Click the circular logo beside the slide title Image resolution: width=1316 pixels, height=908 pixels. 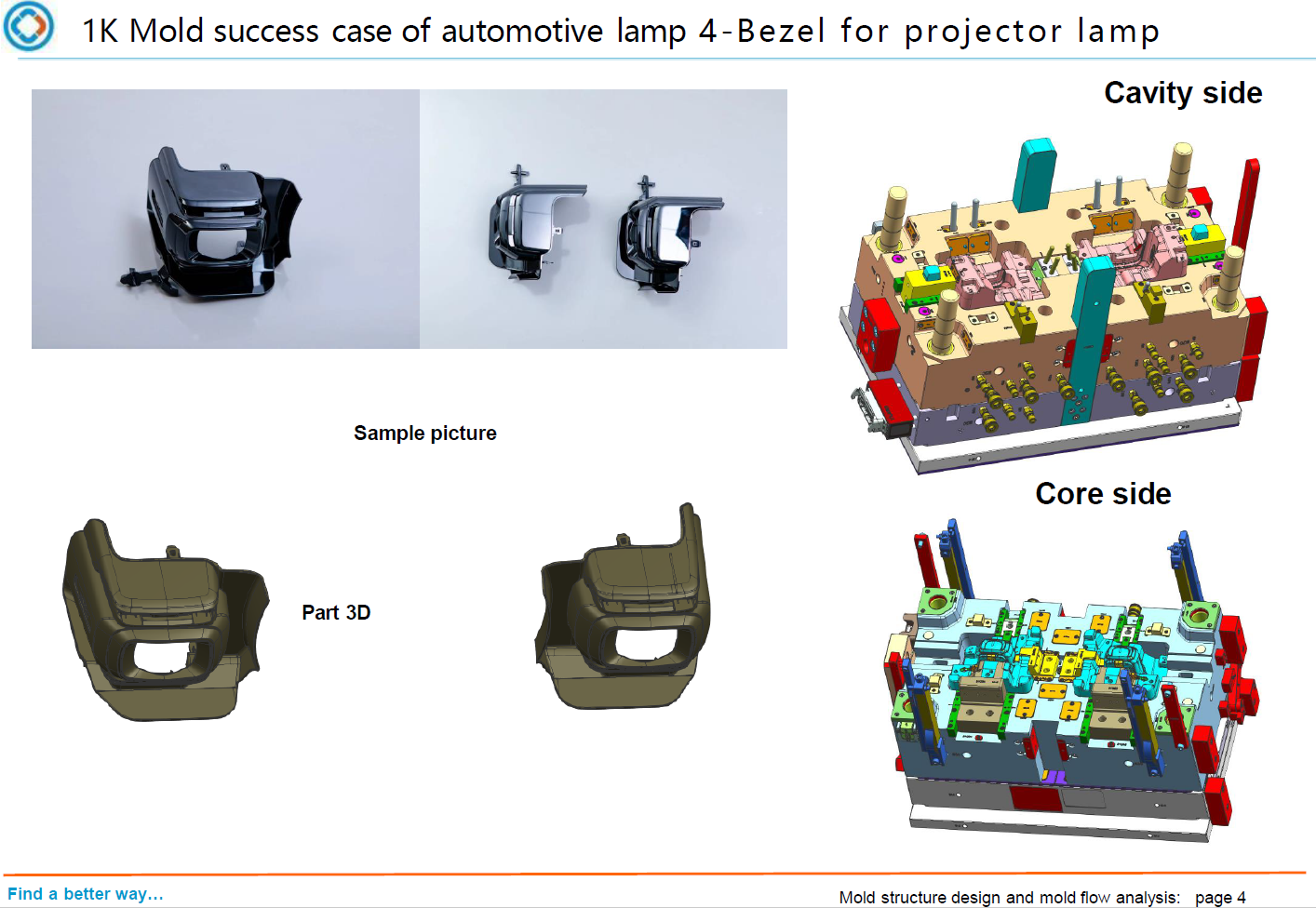click(28, 26)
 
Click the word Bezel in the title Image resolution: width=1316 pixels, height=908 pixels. click(780, 31)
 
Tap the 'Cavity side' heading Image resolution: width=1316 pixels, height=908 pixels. click(1183, 93)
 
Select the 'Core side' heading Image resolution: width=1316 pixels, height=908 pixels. click(1103, 493)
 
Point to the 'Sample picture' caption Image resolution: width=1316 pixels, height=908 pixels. click(424, 433)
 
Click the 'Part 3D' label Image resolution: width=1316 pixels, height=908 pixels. click(336, 612)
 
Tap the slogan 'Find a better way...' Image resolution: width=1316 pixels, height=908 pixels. click(86, 893)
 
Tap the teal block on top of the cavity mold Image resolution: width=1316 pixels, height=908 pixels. click(1035, 174)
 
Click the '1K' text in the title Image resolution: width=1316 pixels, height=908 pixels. click(101, 31)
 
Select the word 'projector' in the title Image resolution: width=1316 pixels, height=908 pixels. click(983, 32)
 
